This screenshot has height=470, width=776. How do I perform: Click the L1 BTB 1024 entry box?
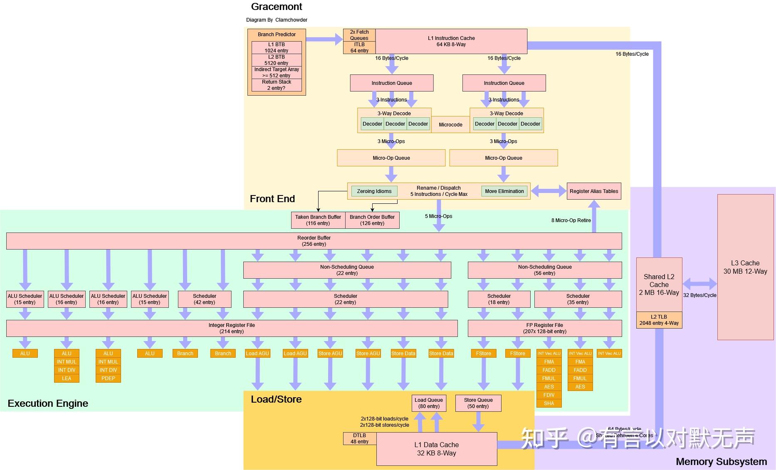click(x=277, y=47)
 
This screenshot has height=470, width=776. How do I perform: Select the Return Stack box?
click(x=277, y=85)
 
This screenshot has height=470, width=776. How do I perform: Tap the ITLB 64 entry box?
click(x=359, y=47)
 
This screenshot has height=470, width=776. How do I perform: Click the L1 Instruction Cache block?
click(x=451, y=41)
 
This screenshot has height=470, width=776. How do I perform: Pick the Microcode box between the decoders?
click(x=450, y=124)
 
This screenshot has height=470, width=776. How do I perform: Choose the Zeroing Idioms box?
click(x=374, y=191)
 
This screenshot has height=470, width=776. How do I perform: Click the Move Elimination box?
click(x=504, y=191)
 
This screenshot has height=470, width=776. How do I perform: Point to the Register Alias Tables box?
click(x=594, y=191)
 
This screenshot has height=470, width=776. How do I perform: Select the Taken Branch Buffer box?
click(x=318, y=220)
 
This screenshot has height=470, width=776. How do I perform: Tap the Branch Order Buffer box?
click(x=372, y=220)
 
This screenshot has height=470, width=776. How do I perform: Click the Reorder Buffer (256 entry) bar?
click(x=314, y=241)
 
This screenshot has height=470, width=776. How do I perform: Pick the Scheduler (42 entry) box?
click(x=204, y=299)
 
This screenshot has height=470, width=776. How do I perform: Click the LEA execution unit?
click(x=67, y=378)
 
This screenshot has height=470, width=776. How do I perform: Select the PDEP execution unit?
click(x=108, y=378)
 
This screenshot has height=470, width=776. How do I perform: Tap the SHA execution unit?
click(x=549, y=403)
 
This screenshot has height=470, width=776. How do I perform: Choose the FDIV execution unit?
click(x=549, y=395)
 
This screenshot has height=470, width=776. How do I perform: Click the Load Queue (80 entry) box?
click(x=429, y=403)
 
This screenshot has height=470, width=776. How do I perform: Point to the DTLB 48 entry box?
click(x=360, y=438)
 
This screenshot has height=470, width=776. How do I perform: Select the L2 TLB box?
click(x=659, y=320)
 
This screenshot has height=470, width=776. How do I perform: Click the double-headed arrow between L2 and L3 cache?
click(x=700, y=284)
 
